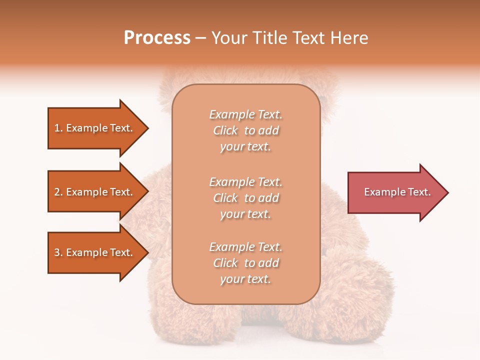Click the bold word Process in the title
(x=157, y=38)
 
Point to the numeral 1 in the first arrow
(x=57, y=128)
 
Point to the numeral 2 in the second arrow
(x=57, y=192)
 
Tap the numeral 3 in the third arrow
(x=57, y=252)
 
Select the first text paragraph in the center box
(x=245, y=130)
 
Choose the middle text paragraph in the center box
(x=245, y=198)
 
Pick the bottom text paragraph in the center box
(x=245, y=263)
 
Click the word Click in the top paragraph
(x=225, y=130)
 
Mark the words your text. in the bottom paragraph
(x=245, y=279)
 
